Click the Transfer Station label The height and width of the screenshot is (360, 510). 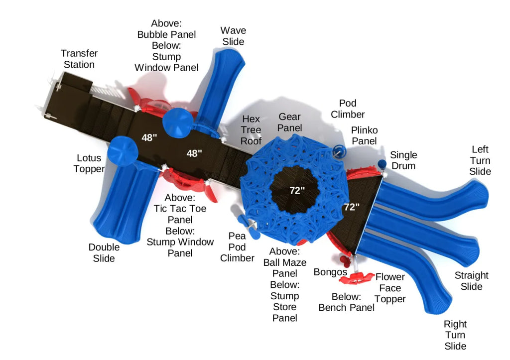click(79, 59)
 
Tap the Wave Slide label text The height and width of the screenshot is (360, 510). click(233, 36)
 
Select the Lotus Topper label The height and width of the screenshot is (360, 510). click(89, 163)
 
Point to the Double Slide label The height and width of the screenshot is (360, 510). click(104, 252)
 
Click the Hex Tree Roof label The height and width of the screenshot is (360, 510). click(251, 130)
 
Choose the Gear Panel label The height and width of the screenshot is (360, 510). click(289, 122)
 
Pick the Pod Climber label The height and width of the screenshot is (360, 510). click(349, 109)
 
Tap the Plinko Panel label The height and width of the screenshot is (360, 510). click(364, 135)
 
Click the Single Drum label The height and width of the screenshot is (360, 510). click(403, 160)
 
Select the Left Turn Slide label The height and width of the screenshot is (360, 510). click(480, 160)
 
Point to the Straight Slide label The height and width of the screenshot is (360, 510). click(471, 281)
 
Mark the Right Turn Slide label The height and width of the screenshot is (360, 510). click(455, 335)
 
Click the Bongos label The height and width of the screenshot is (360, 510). click(330, 272)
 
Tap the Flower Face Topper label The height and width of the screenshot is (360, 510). click(390, 288)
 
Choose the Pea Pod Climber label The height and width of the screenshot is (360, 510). click(237, 247)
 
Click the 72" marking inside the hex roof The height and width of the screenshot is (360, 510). click(297, 190)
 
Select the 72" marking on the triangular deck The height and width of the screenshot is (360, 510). click(351, 207)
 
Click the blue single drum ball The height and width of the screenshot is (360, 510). click(382, 164)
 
